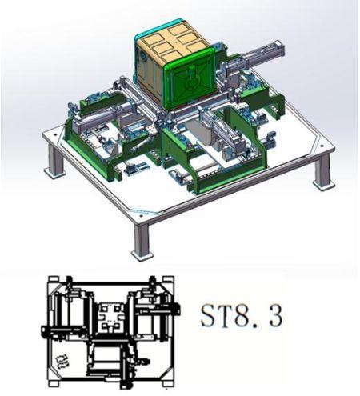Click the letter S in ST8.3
[x=208, y=316]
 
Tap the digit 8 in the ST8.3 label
[x=241, y=316]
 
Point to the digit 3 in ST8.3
[x=275, y=316]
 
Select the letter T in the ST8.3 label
[x=225, y=316]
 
